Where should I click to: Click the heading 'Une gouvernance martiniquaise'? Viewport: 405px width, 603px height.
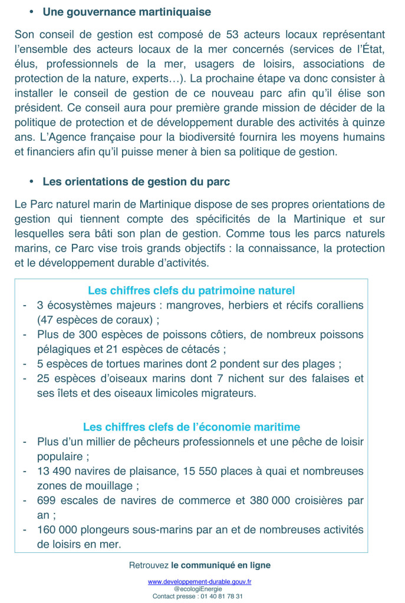[x=127, y=12]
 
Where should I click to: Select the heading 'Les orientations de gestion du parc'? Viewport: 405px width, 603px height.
[x=136, y=182]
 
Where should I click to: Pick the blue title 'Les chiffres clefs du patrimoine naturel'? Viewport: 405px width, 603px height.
[x=191, y=290]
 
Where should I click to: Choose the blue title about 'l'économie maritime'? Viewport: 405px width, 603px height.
[x=191, y=427]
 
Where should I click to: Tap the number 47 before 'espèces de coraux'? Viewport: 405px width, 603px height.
[x=47, y=320]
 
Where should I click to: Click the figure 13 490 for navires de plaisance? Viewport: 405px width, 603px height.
[x=56, y=471]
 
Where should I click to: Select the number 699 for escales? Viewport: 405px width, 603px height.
[x=47, y=500]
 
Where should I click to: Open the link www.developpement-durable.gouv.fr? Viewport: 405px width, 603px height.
[x=199, y=582]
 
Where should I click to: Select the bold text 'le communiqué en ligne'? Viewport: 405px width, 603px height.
[x=220, y=565]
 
